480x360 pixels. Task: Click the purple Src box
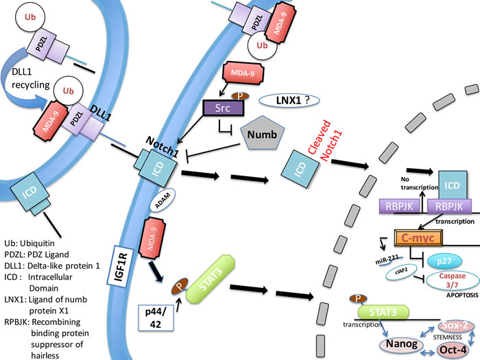coord(224,108)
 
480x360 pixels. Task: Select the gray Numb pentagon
coord(263,133)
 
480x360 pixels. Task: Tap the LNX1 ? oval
coord(289,100)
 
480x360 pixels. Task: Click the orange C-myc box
coord(418,237)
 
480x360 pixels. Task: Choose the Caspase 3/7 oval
coord(453,280)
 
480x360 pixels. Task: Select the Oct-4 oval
coord(453,350)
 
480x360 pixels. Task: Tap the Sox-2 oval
coord(455,326)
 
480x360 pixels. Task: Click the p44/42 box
coord(156,317)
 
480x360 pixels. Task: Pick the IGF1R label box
coord(120,266)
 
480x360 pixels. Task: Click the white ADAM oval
coord(163,200)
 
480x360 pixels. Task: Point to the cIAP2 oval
coord(401,272)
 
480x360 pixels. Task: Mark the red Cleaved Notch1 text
coord(325,141)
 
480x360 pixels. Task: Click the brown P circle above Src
coord(240,96)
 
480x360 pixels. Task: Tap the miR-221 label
coord(387,260)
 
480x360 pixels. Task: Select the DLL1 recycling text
coord(30,78)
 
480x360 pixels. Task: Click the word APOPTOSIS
coord(462,296)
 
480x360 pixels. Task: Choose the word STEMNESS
coord(448,337)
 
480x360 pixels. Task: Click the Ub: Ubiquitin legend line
coord(29,243)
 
